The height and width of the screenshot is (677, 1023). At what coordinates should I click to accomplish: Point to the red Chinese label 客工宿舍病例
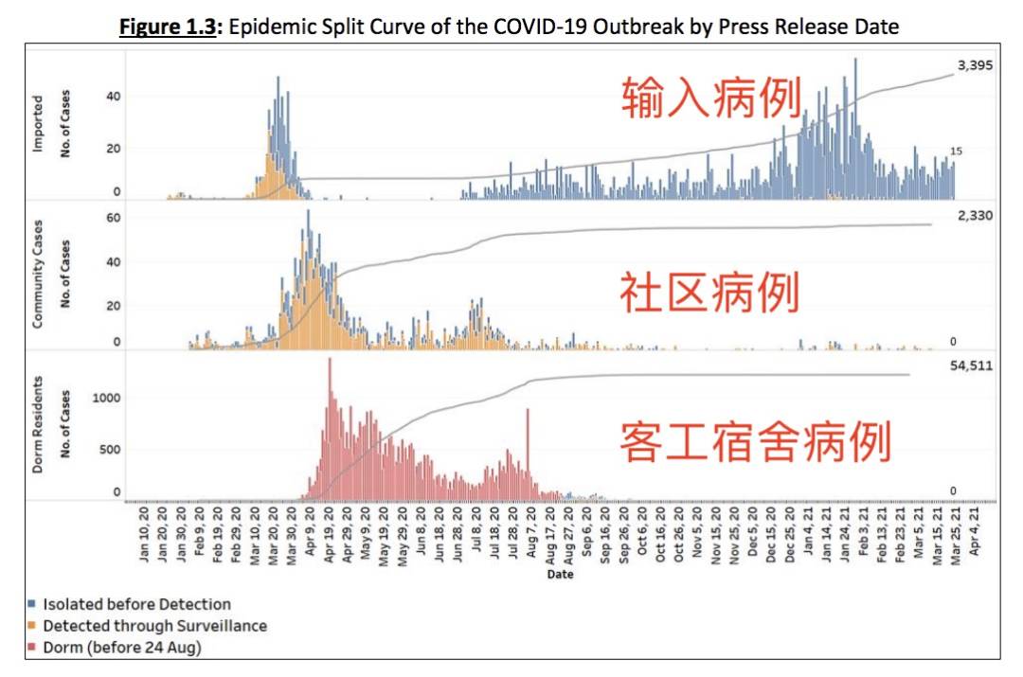click(x=755, y=441)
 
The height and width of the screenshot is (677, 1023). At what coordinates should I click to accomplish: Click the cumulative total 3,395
click(x=974, y=65)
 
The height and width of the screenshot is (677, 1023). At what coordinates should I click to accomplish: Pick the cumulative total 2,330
click(x=974, y=216)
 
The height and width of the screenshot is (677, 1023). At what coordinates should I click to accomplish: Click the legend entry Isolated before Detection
click(x=137, y=604)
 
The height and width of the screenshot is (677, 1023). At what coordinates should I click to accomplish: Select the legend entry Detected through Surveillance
click(x=155, y=626)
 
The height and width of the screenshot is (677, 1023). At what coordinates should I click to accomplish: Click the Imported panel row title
click(x=39, y=124)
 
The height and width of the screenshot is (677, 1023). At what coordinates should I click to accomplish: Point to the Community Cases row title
click(x=39, y=276)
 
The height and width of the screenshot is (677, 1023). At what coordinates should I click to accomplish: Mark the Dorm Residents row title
click(x=39, y=424)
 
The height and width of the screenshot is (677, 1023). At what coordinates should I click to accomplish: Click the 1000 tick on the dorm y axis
click(x=107, y=398)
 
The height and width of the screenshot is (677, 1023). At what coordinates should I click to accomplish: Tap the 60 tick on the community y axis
click(x=114, y=218)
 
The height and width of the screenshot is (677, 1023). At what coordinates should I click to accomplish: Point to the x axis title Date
click(x=560, y=574)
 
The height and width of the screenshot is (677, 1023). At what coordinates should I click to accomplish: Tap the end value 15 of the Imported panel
click(x=958, y=151)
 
